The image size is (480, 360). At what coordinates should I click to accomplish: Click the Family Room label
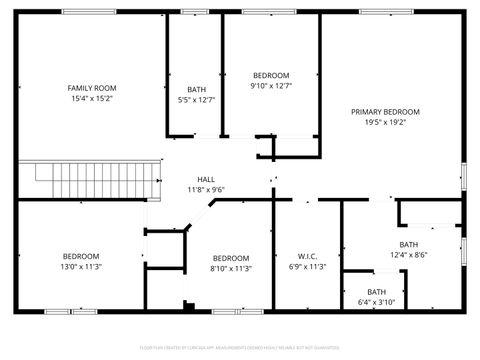pyautogui.click(x=92, y=88)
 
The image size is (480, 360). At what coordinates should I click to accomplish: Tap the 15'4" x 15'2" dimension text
pyautogui.click(x=92, y=99)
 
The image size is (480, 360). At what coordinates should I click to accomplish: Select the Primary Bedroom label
pyautogui.click(x=385, y=111)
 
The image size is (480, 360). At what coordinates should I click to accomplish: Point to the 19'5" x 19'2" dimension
pyautogui.click(x=385, y=122)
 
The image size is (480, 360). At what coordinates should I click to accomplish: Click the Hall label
pyautogui.click(x=205, y=179)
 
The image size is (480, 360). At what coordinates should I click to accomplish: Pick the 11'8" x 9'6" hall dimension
pyautogui.click(x=205, y=189)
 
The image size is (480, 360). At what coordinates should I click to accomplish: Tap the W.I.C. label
pyautogui.click(x=307, y=256)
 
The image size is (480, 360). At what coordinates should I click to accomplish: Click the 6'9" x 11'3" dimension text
pyautogui.click(x=307, y=267)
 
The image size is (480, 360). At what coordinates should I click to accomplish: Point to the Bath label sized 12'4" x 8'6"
pyautogui.click(x=408, y=244)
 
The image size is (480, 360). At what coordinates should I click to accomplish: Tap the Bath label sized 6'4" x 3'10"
pyautogui.click(x=376, y=292)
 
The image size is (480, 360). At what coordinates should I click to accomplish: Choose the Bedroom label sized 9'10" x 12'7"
pyautogui.click(x=270, y=75)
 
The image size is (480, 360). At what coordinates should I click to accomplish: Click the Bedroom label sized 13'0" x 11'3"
pyautogui.click(x=81, y=256)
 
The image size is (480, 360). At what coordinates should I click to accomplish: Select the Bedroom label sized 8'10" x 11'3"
pyautogui.click(x=230, y=257)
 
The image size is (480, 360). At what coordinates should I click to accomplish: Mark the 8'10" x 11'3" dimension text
pyautogui.click(x=230, y=268)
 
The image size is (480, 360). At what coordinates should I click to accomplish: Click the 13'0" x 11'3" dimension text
pyautogui.click(x=81, y=267)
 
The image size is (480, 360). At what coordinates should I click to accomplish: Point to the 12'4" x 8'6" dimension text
pyautogui.click(x=408, y=255)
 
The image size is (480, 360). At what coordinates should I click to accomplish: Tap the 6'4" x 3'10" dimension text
pyautogui.click(x=376, y=303)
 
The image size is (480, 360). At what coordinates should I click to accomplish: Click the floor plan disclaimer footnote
pyautogui.click(x=240, y=349)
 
